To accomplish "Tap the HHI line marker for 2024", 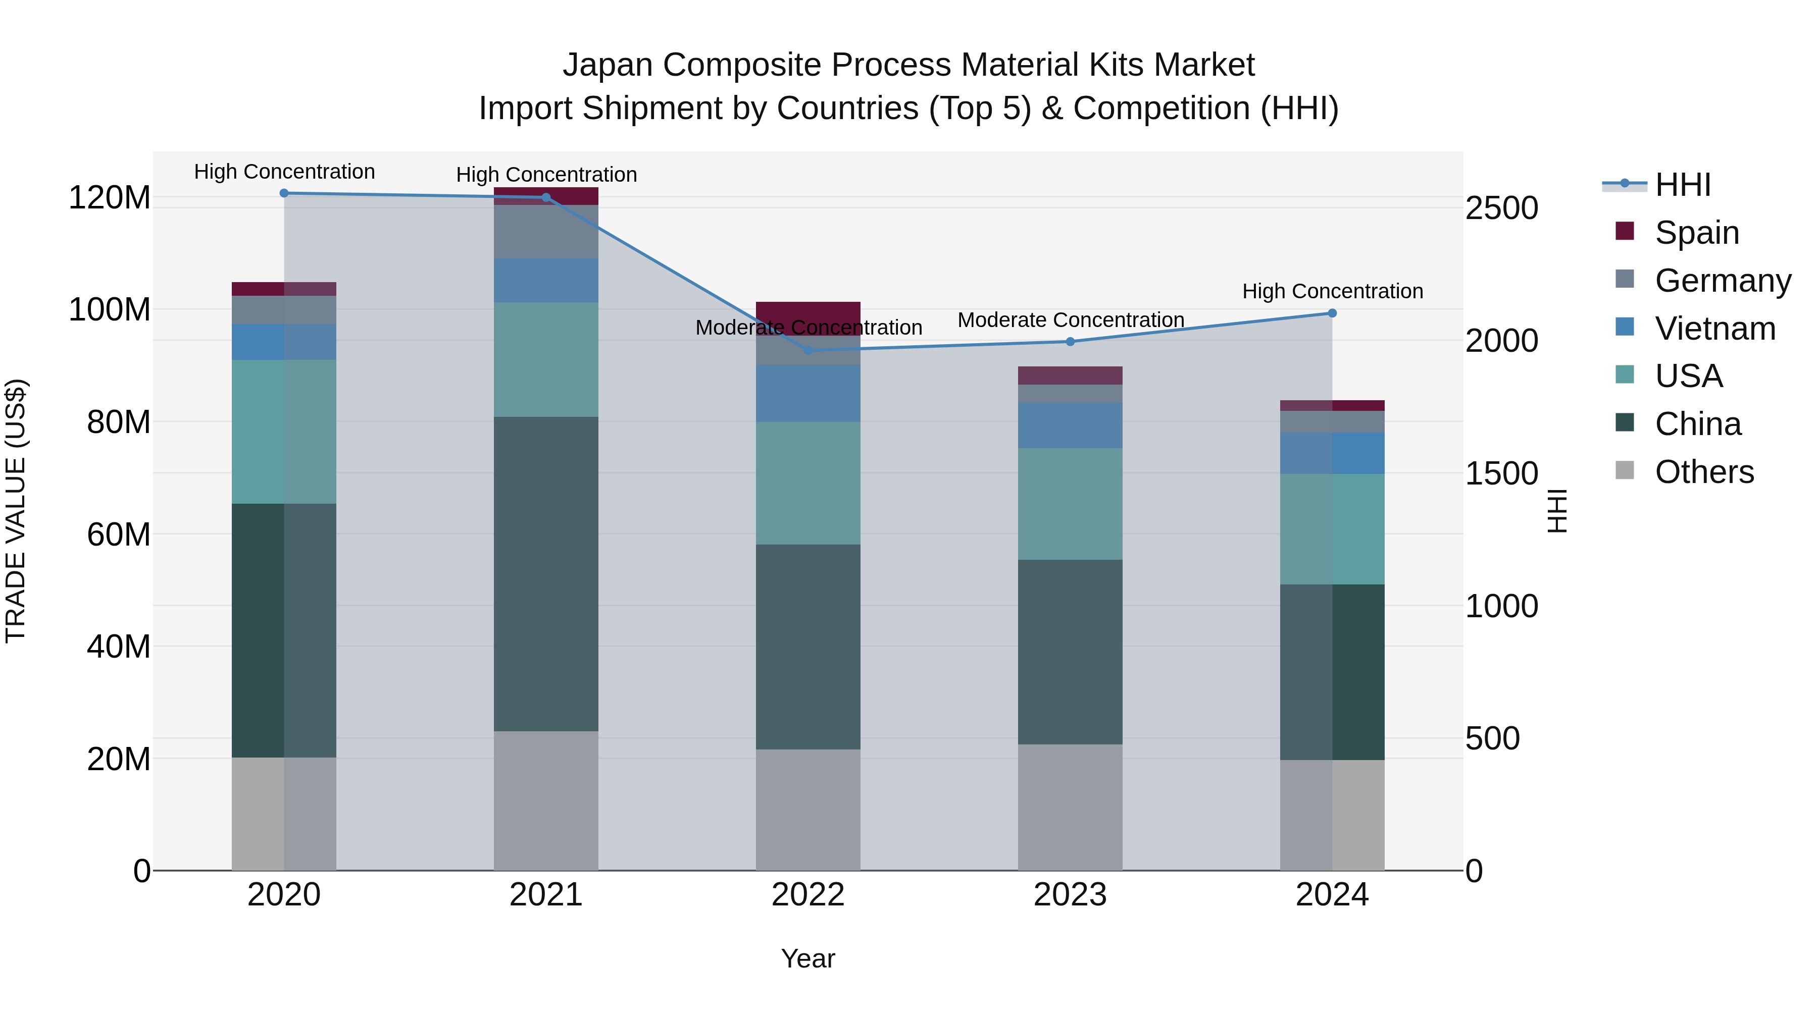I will [x=1332, y=313].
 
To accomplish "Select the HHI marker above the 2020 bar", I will [x=284, y=193].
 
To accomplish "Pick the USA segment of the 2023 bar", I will [x=1070, y=504].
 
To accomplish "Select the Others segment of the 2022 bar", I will [x=808, y=809].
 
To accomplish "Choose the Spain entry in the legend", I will [x=1697, y=233].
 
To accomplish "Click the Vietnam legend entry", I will [x=1714, y=329].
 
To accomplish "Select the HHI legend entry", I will [x=1683, y=185].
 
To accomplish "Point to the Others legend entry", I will [x=1704, y=472].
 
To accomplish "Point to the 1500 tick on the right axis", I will [x=1502, y=473].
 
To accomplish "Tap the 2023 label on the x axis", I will [x=1070, y=895].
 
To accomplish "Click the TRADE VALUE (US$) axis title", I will [x=16, y=511].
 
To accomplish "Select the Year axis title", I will [x=808, y=958].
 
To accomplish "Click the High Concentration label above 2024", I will [x=1332, y=291].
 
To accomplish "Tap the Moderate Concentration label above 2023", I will [x=1070, y=320].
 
